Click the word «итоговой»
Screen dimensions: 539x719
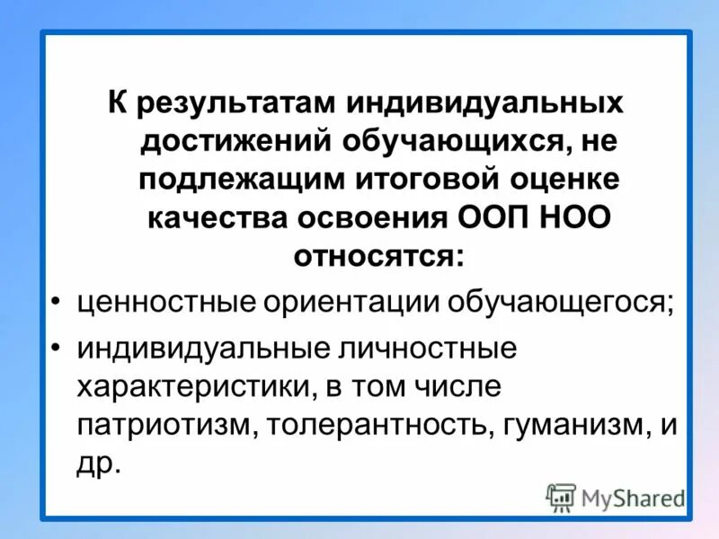[x=422, y=178]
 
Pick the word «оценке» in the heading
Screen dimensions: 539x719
[x=564, y=178]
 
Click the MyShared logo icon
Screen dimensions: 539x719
[x=561, y=495]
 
